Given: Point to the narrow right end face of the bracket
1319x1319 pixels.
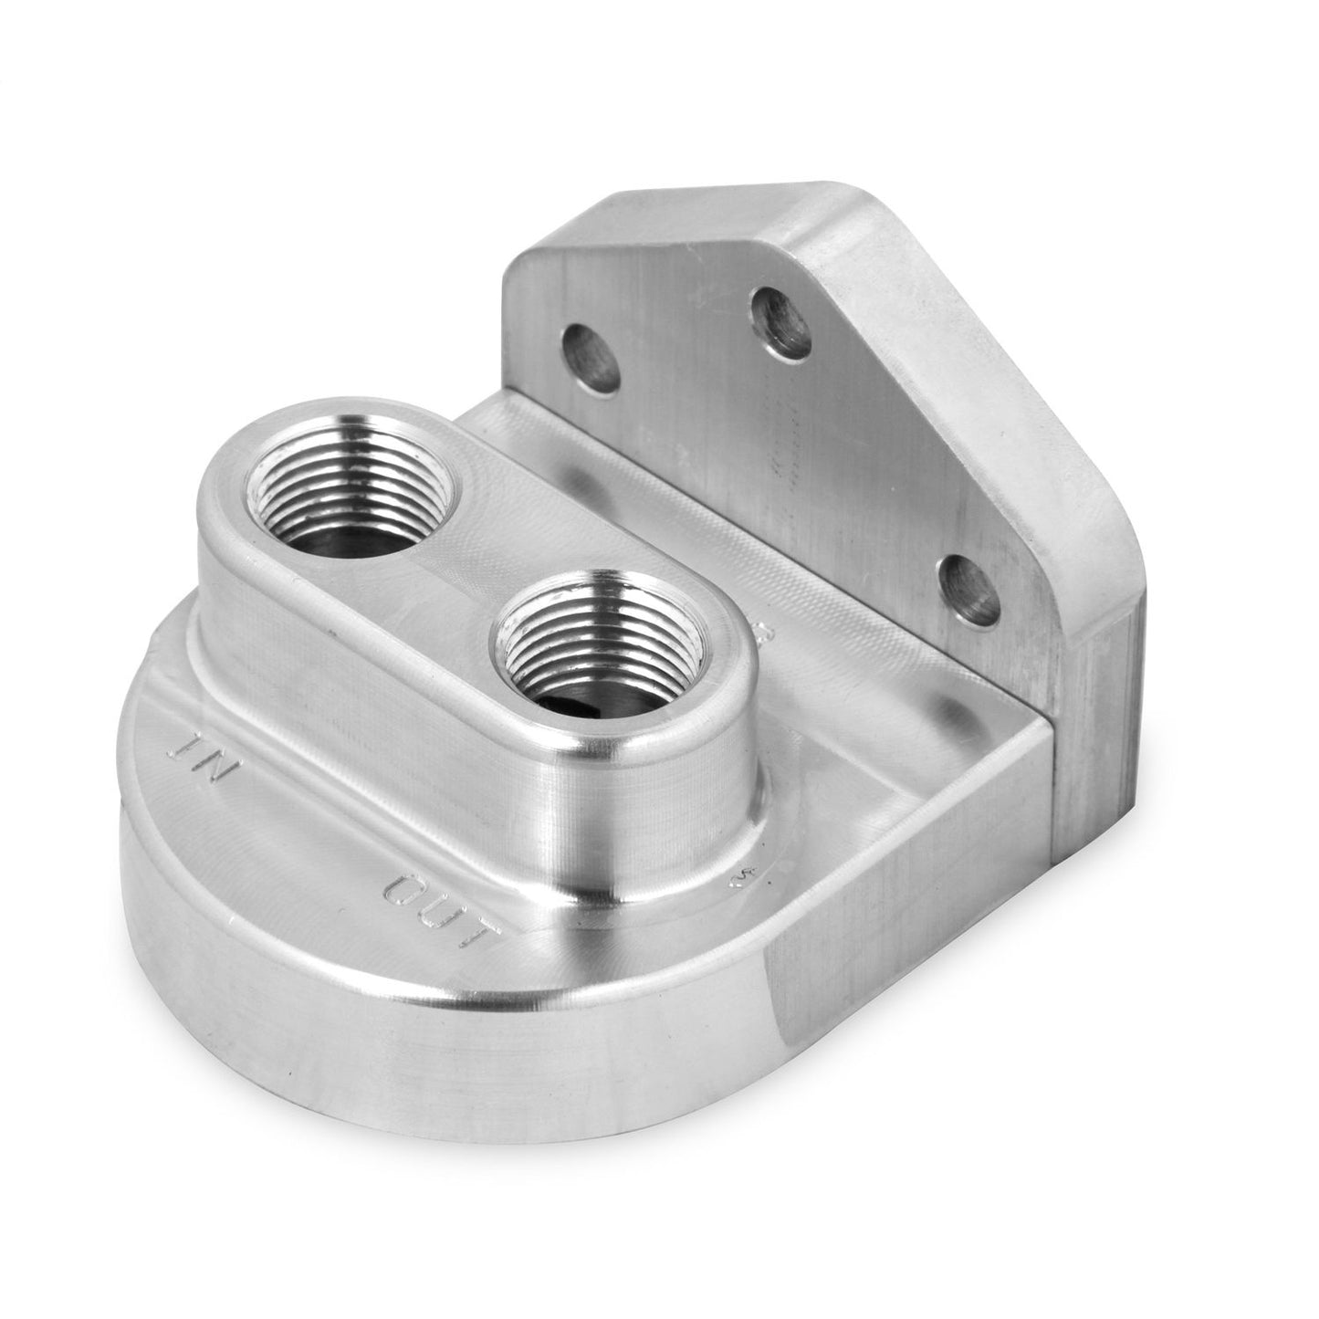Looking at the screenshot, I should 1095,730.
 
